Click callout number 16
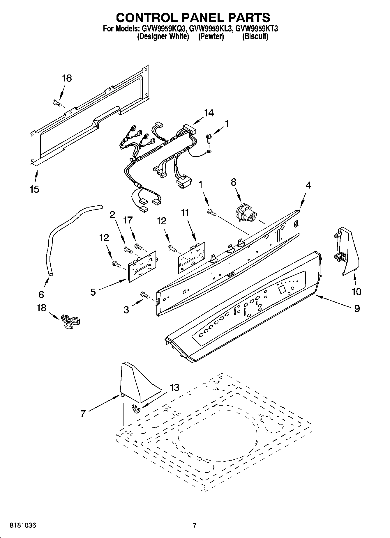click(x=67, y=78)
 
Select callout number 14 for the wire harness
click(x=209, y=113)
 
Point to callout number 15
click(x=34, y=189)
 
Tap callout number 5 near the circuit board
click(x=93, y=292)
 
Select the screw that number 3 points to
click(x=145, y=295)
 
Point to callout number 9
click(x=357, y=308)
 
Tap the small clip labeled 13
click(x=135, y=409)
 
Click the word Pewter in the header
click(x=211, y=37)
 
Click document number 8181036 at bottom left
click(x=23, y=525)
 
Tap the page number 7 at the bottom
click(x=195, y=525)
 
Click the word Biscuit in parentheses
click(x=255, y=37)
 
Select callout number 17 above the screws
click(x=128, y=220)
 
